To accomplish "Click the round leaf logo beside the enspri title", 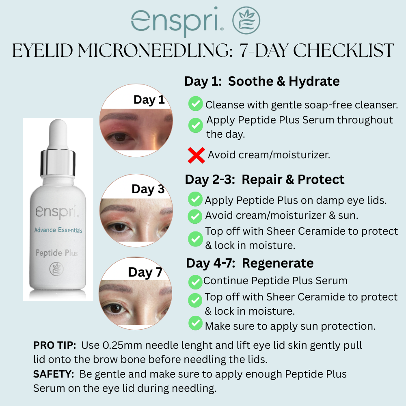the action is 246,20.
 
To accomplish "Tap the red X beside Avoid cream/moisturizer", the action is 196,155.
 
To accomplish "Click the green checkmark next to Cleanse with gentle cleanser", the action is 196,104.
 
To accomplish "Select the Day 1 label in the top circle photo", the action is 149,100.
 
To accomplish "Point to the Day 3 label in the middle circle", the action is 148,189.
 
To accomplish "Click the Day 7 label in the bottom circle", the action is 145,272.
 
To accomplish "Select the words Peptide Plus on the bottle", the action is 57,253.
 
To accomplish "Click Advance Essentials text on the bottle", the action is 58,230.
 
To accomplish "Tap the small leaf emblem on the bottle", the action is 56,269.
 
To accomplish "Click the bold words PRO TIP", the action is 55,345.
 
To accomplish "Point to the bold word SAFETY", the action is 54,374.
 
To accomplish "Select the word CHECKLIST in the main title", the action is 343,50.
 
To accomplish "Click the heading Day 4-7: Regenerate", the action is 250,263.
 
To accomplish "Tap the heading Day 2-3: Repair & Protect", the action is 265,179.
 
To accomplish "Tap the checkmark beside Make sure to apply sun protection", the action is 196,323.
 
